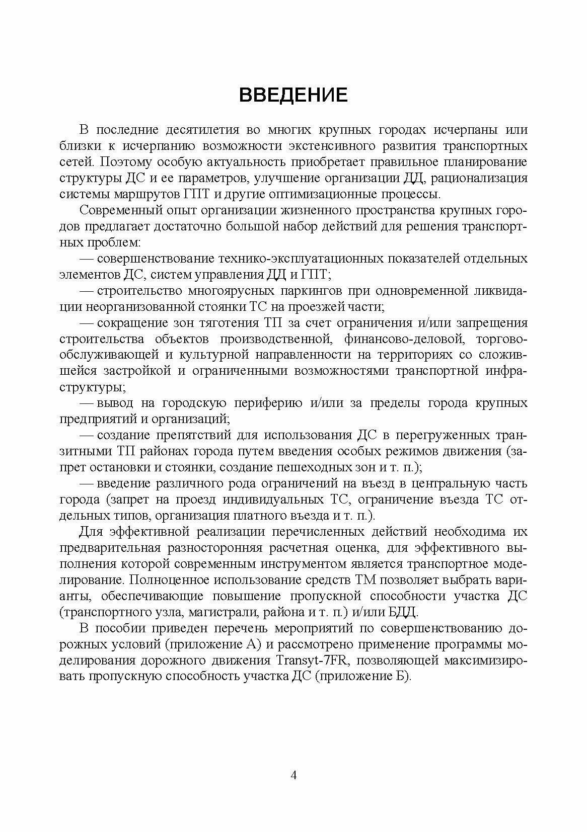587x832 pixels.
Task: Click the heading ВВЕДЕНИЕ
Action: point(293,95)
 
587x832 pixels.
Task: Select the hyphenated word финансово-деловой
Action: point(409,340)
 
